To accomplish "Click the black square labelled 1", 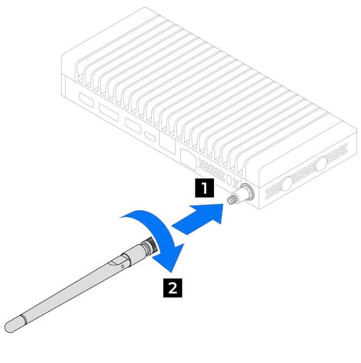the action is coord(205,188).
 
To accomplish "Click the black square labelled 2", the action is coord(173,288).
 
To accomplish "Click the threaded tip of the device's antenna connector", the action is coord(231,199).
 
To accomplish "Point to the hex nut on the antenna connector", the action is coord(246,192).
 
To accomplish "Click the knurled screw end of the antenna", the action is coord(153,246).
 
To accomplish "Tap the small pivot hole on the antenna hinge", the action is coord(123,266).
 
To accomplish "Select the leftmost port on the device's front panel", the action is coord(87,100).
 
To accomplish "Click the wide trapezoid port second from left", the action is coord(109,112).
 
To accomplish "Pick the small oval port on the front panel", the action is coord(150,136).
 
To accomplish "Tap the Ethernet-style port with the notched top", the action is coord(188,160).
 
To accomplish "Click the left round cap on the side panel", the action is coord(287,184).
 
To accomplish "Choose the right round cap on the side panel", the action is coord(321,164).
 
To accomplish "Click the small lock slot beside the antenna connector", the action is coord(230,180).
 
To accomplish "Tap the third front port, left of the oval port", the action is coord(133,126).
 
